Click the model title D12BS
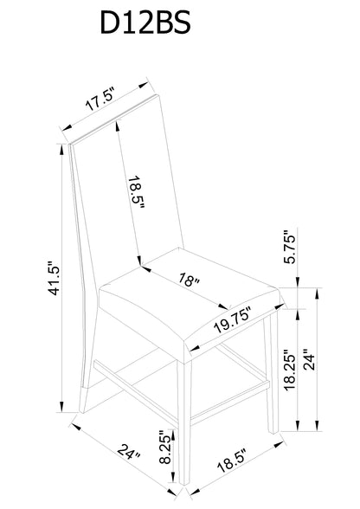click(145, 23)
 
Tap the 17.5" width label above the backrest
click(100, 99)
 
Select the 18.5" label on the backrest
click(136, 192)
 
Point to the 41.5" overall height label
click(54, 278)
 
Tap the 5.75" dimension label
click(290, 247)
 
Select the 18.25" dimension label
click(290, 370)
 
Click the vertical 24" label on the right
click(309, 360)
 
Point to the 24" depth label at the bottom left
click(129, 451)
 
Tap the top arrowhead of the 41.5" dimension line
click(61, 149)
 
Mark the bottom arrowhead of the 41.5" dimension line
click(61, 407)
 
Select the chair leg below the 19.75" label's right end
click(271, 373)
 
